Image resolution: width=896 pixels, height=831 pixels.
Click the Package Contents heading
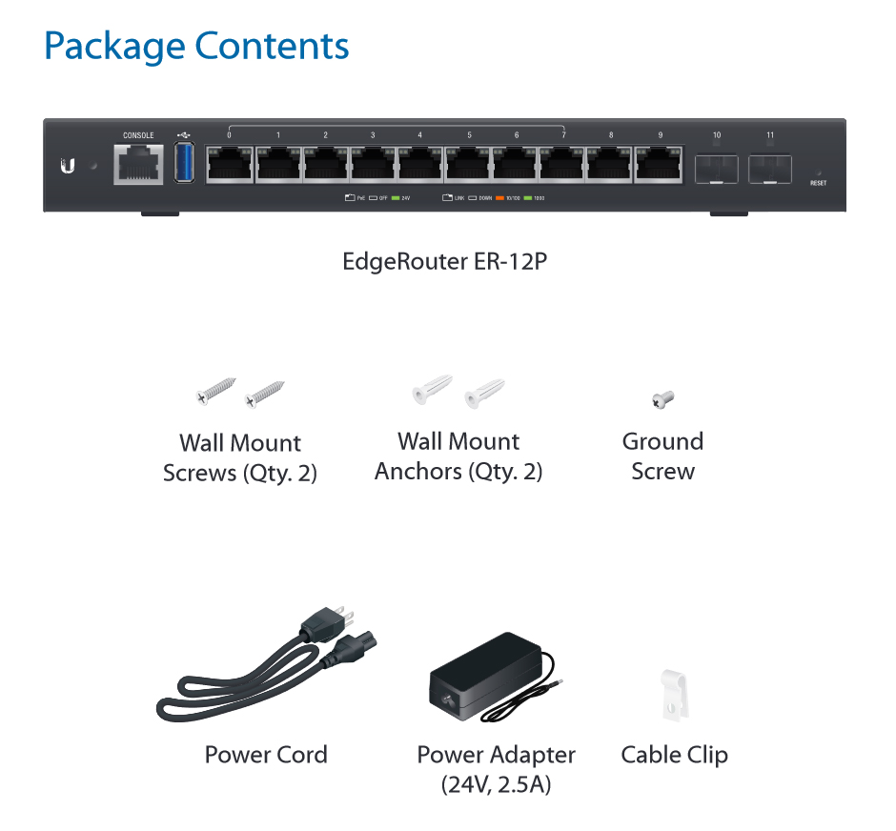[x=196, y=46]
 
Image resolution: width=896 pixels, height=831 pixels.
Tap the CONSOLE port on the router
[x=138, y=166]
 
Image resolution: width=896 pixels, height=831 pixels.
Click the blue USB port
[x=184, y=164]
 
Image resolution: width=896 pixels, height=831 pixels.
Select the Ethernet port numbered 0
[x=229, y=165]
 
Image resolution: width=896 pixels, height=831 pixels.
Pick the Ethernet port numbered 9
[x=659, y=165]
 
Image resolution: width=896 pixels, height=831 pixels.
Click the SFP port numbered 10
[x=716, y=169]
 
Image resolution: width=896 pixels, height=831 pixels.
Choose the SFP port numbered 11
[x=770, y=169]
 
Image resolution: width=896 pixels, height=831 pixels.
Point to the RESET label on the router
[x=818, y=182]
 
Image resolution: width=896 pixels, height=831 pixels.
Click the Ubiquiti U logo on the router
[x=68, y=166]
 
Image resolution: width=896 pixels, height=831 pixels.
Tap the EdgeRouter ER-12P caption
[x=445, y=261]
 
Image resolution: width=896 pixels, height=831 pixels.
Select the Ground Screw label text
[x=662, y=456]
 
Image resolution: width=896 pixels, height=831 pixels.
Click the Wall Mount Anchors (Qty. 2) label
[x=458, y=456]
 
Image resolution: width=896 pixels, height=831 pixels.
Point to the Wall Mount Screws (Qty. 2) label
[x=239, y=457]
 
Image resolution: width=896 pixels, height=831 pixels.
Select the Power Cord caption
[x=266, y=755]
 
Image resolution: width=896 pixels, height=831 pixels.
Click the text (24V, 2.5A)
[x=496, y=784]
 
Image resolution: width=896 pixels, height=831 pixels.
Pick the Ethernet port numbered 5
[x=468, y=165]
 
